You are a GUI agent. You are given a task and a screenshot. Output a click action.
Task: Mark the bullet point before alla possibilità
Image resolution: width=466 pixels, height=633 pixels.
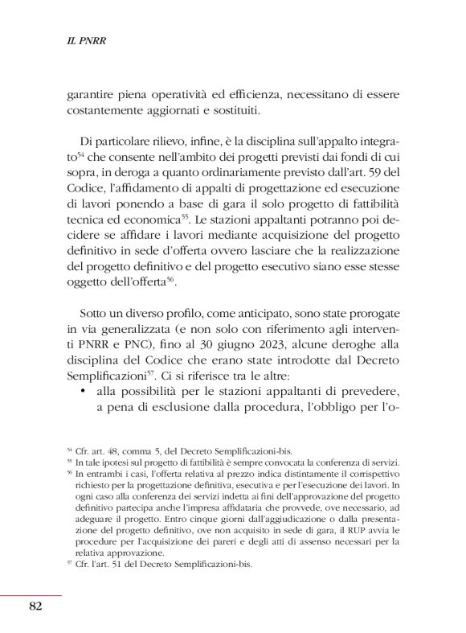click(x=84, y=392)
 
